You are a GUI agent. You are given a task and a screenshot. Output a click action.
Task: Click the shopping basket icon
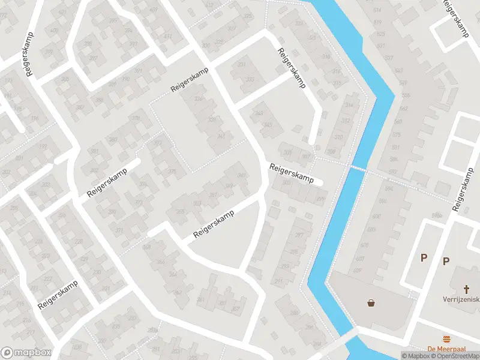pos(371,303)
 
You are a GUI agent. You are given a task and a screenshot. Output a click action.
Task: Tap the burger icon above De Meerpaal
pos(446,339)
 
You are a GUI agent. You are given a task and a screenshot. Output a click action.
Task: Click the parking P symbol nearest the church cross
pos(446,261)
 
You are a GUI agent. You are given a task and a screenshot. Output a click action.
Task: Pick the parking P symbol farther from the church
pos(424,258)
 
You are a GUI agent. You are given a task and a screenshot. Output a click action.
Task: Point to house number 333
pos(250,79)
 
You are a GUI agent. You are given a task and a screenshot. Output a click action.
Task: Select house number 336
pos(199,99)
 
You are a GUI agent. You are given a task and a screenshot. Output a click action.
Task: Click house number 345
pos(268,125)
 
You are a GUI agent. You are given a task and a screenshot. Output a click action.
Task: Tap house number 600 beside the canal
pos(377,217)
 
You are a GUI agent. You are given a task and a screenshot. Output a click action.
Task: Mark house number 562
pos(403,109)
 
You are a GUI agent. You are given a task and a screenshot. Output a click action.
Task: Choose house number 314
pos(349,105)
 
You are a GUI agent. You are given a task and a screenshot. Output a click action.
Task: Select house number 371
pos(119,230)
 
